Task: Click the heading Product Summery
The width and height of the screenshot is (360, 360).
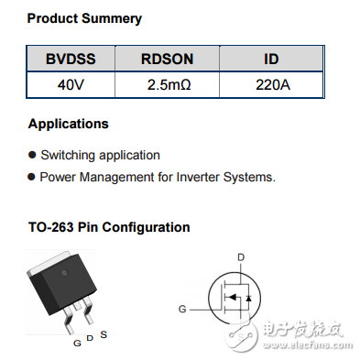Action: click(84, 18)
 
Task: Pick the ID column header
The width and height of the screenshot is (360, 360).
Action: click(271, 60)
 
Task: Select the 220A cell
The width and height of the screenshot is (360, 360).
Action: click(271, 87)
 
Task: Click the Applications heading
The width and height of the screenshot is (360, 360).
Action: click(68, 124)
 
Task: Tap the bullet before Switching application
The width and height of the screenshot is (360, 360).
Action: click(33, 156)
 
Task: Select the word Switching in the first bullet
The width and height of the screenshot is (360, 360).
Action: click(69, 156)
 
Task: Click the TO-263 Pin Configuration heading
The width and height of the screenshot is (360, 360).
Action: click(109, 227)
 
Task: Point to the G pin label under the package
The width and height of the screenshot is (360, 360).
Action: click(77, 343)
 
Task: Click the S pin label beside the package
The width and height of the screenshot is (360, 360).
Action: click(104, 335)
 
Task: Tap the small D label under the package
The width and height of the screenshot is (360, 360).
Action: click(90, 340)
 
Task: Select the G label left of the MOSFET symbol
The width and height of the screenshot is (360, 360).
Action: click(183, 310)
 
